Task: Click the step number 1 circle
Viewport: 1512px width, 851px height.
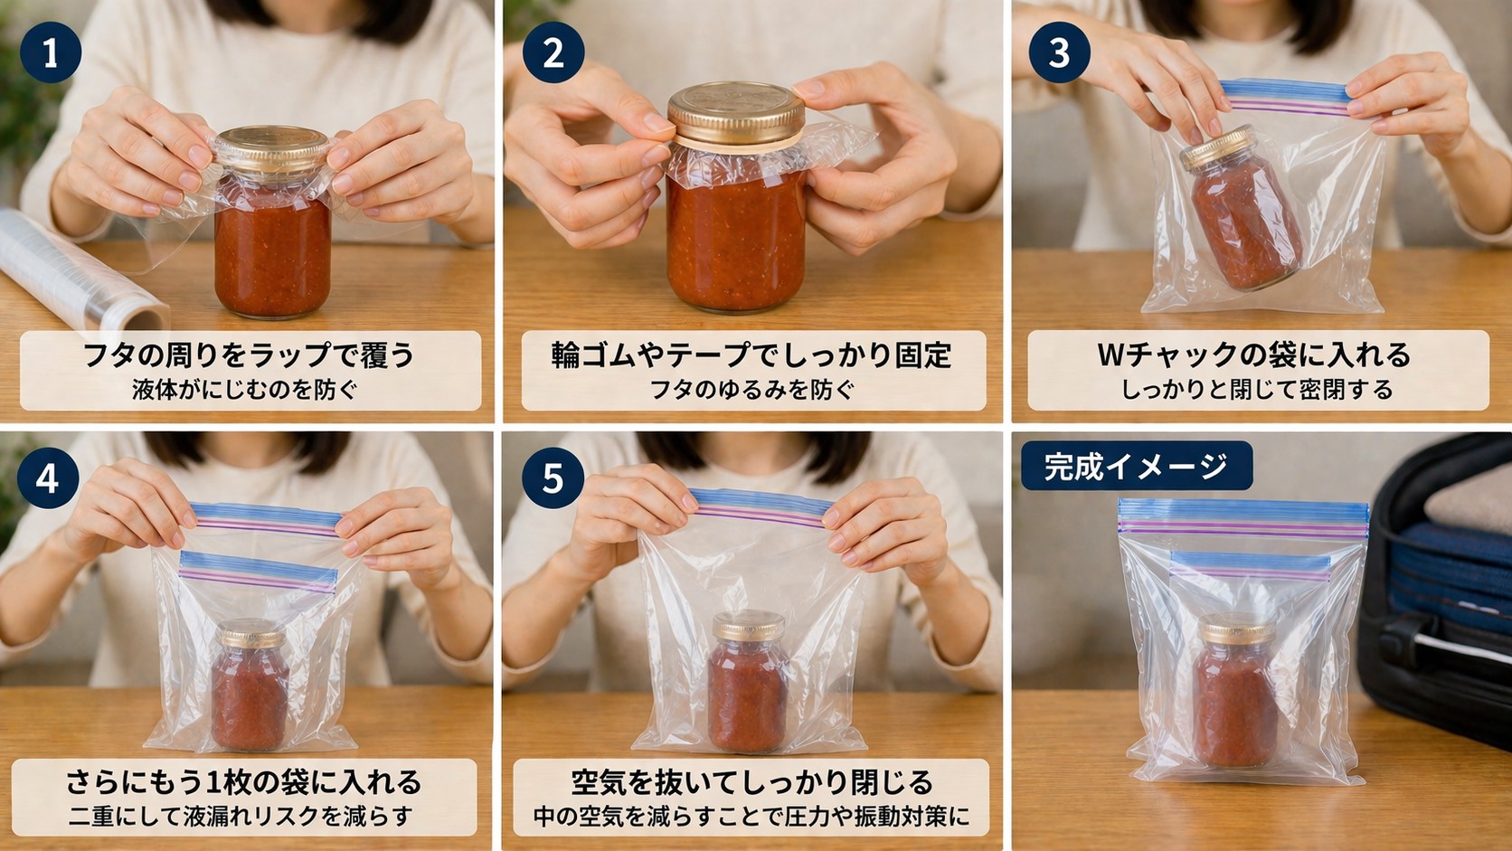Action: pyautogui.click(x=51, y=52)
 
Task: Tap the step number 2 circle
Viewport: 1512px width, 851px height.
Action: pyautogui.click(x=553, y=52)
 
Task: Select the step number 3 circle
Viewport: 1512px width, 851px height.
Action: pyautogui.click(x=1059, y=52)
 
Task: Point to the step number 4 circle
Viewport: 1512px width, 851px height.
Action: pyautogui.click(x=48, y=477)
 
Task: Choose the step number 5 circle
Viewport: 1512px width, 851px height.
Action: pyautogui.click(x=553, y=477)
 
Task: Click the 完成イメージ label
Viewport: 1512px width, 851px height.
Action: pyautogui.click(x=1136, y=466)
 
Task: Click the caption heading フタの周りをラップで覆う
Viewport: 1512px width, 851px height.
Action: pyautogui.click(x=249, y=355)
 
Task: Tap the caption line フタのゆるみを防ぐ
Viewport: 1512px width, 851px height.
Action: pyautogui.click(x=752, y=390)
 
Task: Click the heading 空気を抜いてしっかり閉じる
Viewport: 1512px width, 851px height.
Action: pyautogui.click(x=751, y=781)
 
